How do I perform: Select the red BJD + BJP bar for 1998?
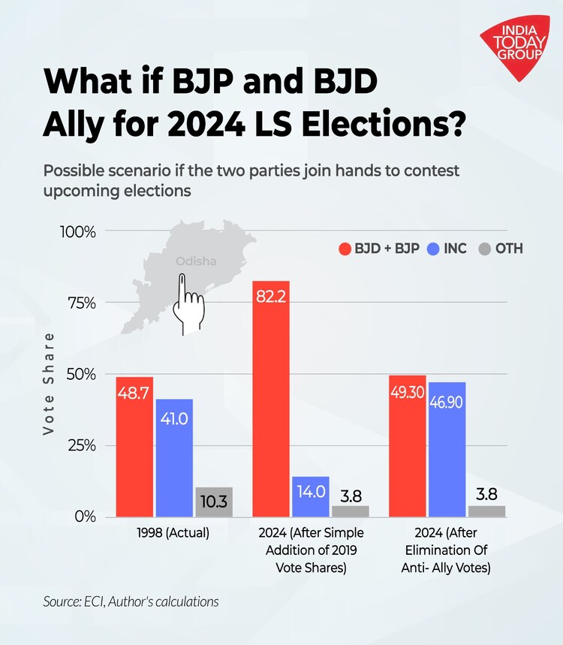pos(134,447)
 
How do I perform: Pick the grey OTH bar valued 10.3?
pos(214,502)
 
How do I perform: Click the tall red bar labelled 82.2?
pos(271,399)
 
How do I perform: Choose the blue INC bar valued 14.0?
pos(311,496)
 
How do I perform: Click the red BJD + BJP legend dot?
pos(346,249)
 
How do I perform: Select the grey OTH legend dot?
pos(484,249)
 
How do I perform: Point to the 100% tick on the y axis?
pos(78,231)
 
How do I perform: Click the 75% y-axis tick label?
pos(80,303)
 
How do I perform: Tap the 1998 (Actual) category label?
pos(174,534)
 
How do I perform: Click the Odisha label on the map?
pos(196,261)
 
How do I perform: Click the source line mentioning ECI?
pos(131,601)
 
